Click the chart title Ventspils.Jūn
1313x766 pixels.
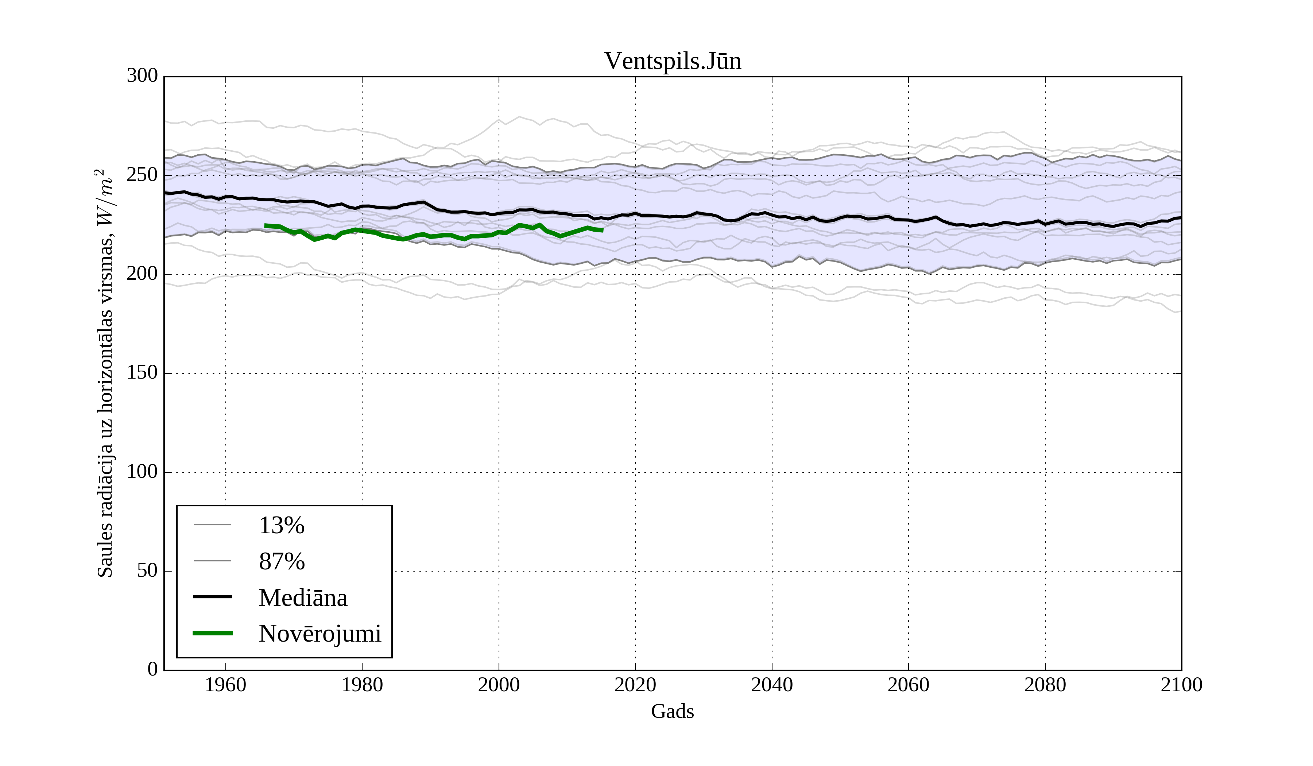tap(672, 62)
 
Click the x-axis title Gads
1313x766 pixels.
tap(672, 712)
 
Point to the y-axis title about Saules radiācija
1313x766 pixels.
tap(105, 373)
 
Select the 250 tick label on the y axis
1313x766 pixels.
tap(142, 175)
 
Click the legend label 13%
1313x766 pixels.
tap(281, 525)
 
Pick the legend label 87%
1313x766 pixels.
tap(281, 562)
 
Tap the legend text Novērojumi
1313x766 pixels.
tap(320, 634)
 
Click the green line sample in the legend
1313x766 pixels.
tap(213, 633)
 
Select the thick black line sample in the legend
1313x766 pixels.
tap(213, 597)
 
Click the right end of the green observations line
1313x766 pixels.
tap(602, 230)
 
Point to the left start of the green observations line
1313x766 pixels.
tap(266, 226)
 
